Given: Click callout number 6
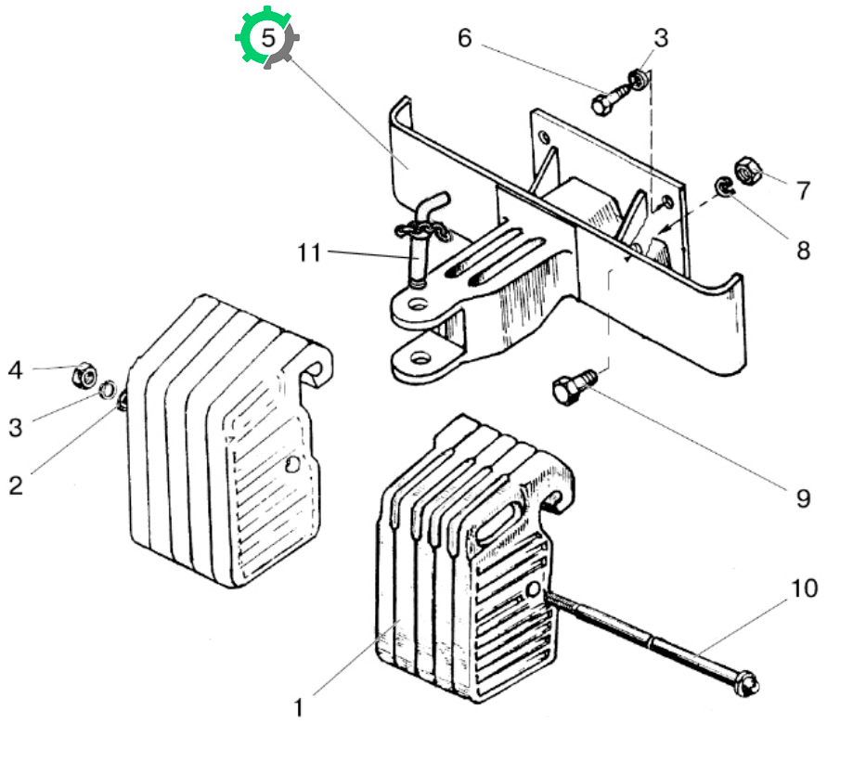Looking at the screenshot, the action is [464, 38].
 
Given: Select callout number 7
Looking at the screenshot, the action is [803, 190].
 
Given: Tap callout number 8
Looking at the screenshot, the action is [803, 251].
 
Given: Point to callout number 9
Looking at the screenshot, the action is [803, 498].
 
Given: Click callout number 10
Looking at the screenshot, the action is [804, 588].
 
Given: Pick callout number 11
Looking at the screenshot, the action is [309, 252].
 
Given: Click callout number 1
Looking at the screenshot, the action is [298, 708].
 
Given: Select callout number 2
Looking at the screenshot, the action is [16, 485].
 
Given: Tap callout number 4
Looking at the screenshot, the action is [15, 370].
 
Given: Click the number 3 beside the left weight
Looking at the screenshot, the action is [16, 428].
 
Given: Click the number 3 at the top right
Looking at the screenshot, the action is [661, 38].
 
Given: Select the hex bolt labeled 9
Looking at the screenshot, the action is [574, 385].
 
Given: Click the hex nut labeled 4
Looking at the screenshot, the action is [84, 375].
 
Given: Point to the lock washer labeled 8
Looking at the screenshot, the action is [724, 187].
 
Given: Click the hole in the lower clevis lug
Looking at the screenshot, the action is [420, 358].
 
